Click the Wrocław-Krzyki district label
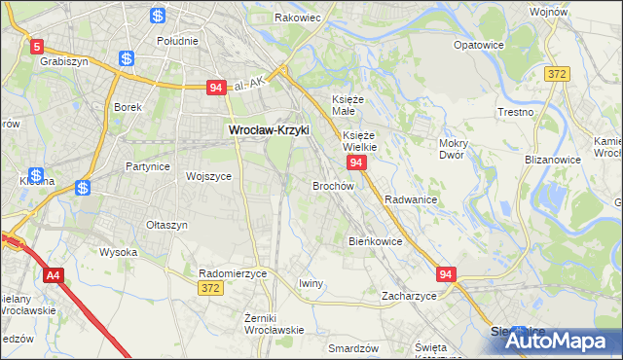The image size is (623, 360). (268, 128)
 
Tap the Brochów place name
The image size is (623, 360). (333, 185)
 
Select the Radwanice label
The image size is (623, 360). (410, 198)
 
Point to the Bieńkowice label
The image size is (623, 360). (375, 240)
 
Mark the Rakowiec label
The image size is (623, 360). (298, 18)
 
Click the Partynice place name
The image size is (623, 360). (147, 166)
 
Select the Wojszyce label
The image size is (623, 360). (208, 176)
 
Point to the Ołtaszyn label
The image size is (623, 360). (166, 225)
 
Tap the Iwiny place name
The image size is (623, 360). (311, 283)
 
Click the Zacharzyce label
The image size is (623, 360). (409, 295)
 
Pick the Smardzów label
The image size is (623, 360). (352, 347)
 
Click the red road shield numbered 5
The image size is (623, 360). (37, 46)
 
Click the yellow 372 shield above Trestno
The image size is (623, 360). (557, 74)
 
